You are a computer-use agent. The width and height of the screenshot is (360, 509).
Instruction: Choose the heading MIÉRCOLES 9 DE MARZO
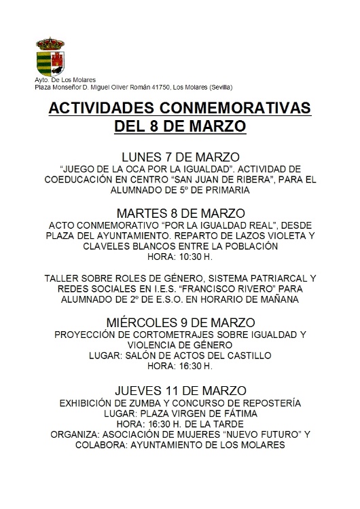click(180, 321)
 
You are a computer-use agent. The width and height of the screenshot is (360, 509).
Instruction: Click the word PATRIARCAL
click(265, 279)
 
